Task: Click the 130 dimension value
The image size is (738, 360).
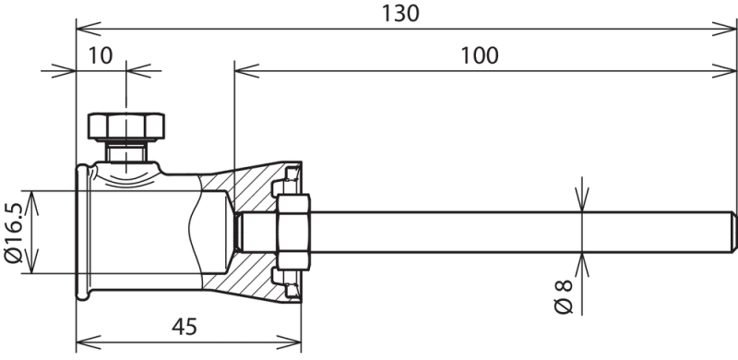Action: (x=399, y=13)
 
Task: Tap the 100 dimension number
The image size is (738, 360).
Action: (x=479, y=55)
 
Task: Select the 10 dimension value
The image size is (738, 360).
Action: (x=101, y=55)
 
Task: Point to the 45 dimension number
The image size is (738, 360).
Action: (x=184, y=327)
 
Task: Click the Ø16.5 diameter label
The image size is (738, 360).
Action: (x=13, y=233)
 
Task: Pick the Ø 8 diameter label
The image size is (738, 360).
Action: (x=564, y=296)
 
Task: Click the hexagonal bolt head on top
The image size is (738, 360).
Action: (x=126, y=126)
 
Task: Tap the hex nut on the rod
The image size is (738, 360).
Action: (x=293, y=232)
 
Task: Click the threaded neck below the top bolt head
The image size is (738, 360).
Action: (x=126, y=150)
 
